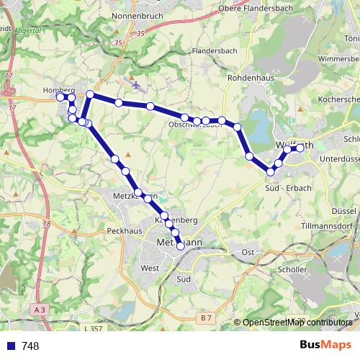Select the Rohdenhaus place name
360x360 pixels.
[x=247, y=76]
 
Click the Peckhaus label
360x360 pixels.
[x=123, y=231]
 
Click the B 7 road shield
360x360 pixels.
[x=207, y=318]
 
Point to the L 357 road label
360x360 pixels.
[x=93, y=328]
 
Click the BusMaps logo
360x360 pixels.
[x=325, y=346]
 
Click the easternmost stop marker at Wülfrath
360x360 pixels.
[x=300, y=149]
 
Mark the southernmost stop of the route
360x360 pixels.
[x=180, y=246]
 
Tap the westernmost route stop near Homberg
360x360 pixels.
[x=60, y=96]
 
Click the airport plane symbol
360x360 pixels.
[x=136, y=84]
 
